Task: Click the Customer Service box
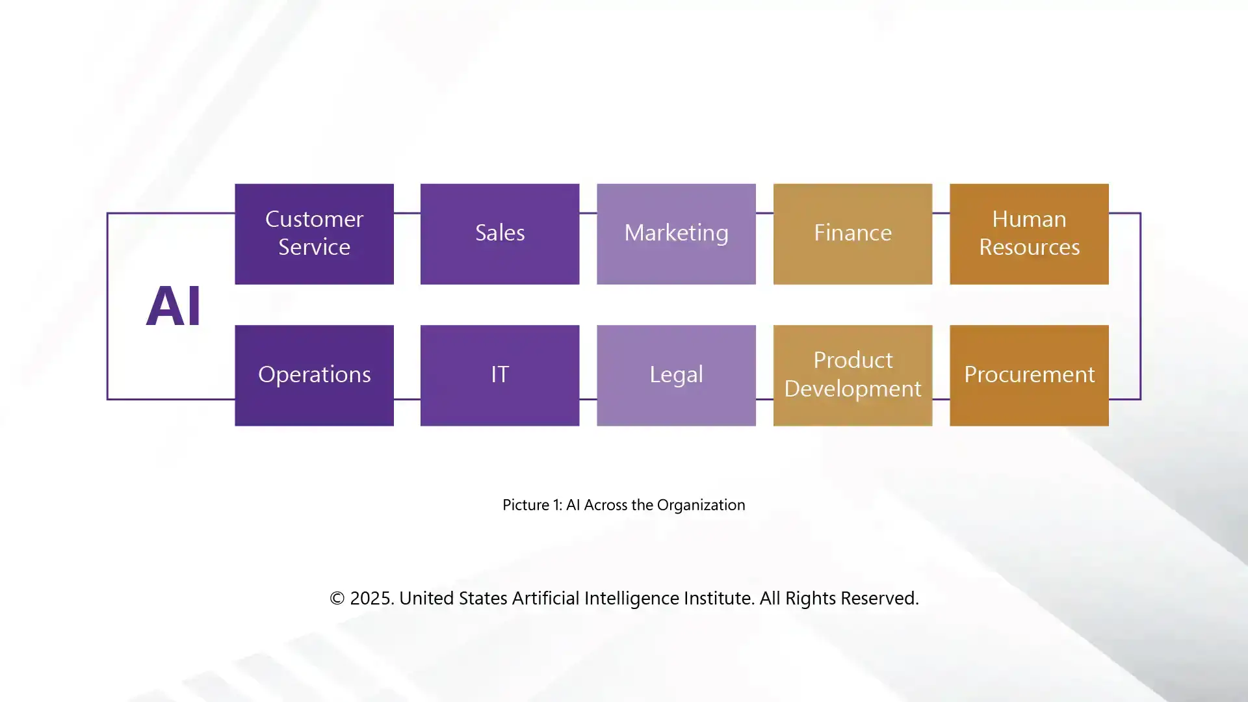coord(314,233)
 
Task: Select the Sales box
coord(499,233)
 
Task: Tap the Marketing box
coord(676,233)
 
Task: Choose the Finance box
coord(852,233)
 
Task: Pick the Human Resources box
coord(1029,233)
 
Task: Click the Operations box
coord(314,375)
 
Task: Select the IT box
coord(499,375)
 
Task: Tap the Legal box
coord(676,375)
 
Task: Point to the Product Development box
coord(852,375)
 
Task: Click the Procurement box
coord(1029,375)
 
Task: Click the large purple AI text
coord(173,305)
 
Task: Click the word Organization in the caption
coord(701,505)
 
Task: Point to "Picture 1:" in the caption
coord(532,505)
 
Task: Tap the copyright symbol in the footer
coord(337,598)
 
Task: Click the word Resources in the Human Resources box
coord(1029,248)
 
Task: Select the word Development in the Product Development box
coord(852,389)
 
